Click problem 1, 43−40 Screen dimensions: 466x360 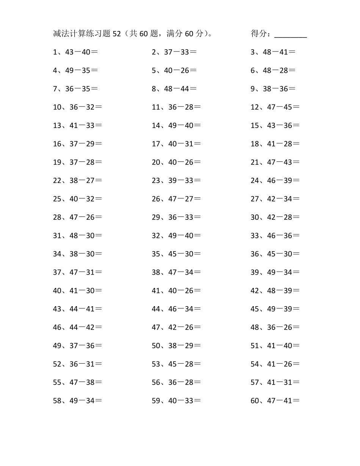tap(75, 52)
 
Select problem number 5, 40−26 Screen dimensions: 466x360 tap(174, 70)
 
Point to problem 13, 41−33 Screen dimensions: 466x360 tap(78, 126)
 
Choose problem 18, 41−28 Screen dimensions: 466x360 tap(275, 144)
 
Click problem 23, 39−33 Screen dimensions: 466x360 tap(176, 181)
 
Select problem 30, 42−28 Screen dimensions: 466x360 tap(275, 217)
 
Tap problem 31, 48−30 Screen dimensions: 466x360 tap(78, 236)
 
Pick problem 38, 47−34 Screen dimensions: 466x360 tap(176, 272)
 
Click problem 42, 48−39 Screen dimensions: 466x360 tap(275, 291)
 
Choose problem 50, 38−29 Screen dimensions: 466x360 tap(176, 346)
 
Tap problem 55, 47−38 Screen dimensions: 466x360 tap(78, 383)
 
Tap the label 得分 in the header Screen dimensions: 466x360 tap(259, 34)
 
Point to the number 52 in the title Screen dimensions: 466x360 tap(116, 34)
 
